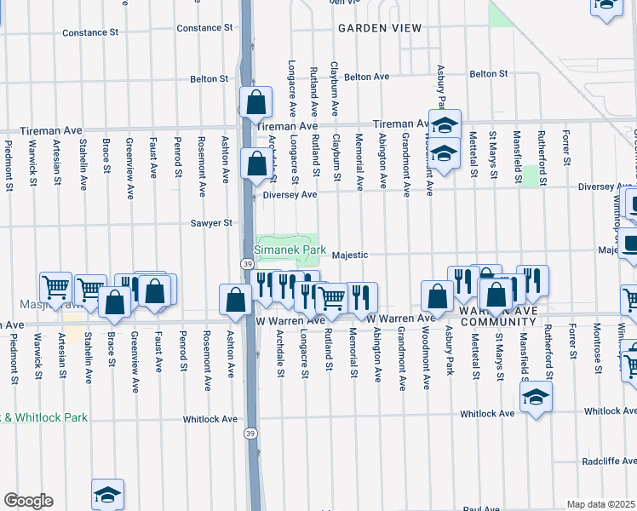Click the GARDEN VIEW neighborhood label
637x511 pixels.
pos(380,28)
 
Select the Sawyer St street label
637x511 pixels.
pos(211,223)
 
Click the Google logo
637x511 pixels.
pos(28,501)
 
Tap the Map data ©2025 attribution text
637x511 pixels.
pos(600,504)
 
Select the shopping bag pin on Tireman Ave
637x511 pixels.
pos(255,103)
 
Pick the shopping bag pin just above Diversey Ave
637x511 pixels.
pos(255,164)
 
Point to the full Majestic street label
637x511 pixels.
pos(349,255)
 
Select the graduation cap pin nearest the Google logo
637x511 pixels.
pos(108,495)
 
